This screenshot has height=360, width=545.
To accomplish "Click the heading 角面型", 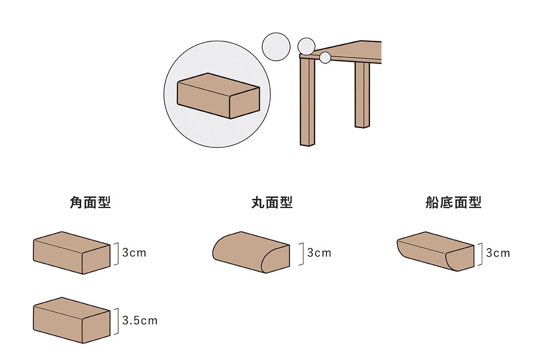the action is click(x=90, y=203).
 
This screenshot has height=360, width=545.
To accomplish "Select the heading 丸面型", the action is click(x=272, y=203).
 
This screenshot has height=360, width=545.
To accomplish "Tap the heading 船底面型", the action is click(x=454, y=203).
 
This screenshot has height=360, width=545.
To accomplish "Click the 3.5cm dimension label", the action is click(x=140, y=320).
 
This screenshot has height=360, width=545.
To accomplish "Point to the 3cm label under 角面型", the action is click(x=134, y=253).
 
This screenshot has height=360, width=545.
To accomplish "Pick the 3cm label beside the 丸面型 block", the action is click(x=319, y=253).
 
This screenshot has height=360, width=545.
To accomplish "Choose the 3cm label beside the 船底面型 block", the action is click(x=498, y=253).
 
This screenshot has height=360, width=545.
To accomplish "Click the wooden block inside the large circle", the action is click(x=218, y=96).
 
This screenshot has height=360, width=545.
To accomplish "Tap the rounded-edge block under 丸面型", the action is click(x=251, y=252).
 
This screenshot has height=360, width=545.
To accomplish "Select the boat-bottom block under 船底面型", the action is click(x=436, y=251).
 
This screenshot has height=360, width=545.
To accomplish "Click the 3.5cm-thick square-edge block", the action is click(x=72, y=320).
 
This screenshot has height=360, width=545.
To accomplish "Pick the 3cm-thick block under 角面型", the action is click(x=72, y=253).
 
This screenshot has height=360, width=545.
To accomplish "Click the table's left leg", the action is click(x=307, y=102).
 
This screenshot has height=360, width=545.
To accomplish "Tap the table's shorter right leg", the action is click(x=362, y=95).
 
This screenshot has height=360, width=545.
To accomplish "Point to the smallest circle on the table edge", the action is click(x=325, y=58).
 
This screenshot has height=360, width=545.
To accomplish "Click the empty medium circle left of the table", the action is click(x=276, y=47).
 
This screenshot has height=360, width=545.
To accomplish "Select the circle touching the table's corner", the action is click(x=306, y=46).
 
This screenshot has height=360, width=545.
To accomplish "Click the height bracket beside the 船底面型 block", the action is click(x=482, y=254).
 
